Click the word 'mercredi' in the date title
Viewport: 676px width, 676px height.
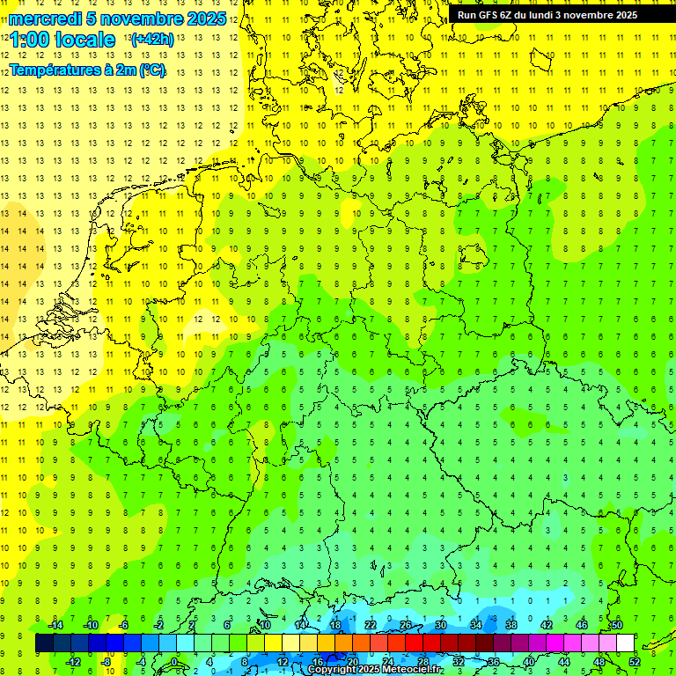[42, 18]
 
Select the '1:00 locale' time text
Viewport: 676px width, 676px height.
[62, 40]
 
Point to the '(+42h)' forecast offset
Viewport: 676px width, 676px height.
[151, 40]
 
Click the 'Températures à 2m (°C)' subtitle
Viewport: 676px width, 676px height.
[87, 70]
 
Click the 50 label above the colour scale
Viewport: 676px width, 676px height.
[616, 625]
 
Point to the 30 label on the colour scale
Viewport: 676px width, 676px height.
[440, 625]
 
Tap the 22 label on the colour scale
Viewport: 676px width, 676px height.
[370, 625]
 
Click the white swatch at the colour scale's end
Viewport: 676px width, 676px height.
[625, 643]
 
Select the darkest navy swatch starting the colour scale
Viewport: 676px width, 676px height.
[44, 643]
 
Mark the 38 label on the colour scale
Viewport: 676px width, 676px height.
[511, 625]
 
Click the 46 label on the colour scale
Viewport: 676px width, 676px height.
[581, 625]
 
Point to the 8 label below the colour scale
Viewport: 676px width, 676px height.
[245, 662]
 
